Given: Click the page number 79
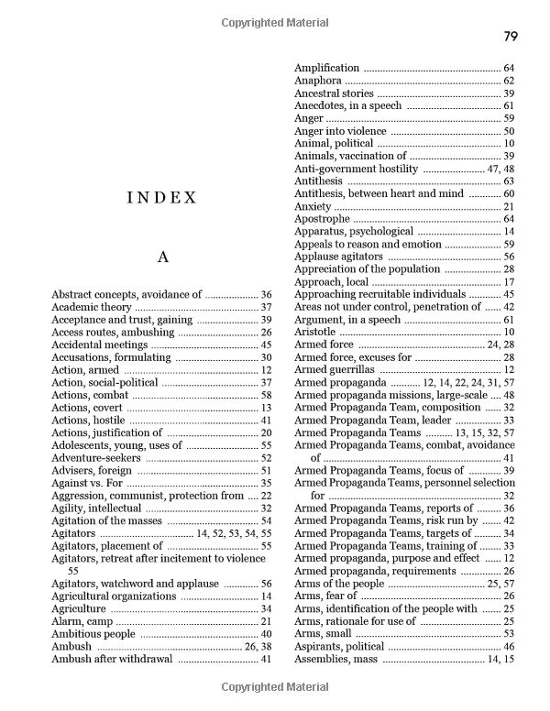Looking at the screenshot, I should click(x=511, y=37).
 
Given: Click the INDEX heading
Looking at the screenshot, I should click(x=162, y=197).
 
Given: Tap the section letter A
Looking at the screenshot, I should click(x=162, y=257).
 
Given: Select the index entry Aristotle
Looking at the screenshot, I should click(x=315, y=332).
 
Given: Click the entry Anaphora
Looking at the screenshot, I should click(x=318, y=81).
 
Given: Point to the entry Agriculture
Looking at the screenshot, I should click(x=80, y=608).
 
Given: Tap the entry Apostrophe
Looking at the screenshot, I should click(x=323, y=219).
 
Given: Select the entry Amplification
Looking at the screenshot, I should click(x=326, y=69).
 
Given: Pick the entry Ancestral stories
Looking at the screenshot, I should click(x=334, y=93).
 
